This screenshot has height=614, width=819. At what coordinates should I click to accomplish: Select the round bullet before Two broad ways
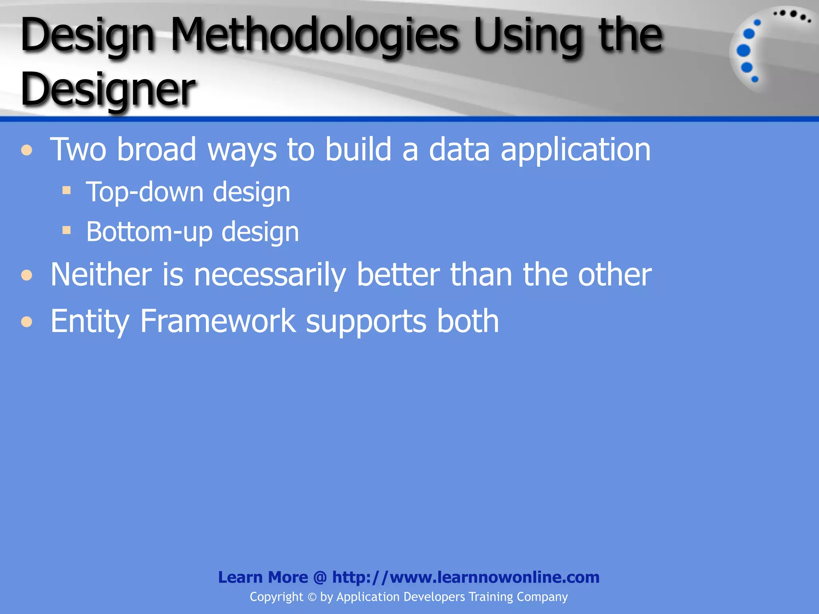pos(27,150)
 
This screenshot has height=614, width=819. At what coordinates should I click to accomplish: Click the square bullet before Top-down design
pos(67,190)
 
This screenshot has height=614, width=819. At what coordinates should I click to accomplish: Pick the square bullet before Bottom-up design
pos(67,230)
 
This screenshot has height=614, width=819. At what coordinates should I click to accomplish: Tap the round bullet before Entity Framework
pos(27,321)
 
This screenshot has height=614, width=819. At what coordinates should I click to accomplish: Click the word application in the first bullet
pos(575,150)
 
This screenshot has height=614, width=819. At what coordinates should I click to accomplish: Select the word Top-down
pos(144,192)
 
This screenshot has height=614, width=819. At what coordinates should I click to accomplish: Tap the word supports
pos(366,322)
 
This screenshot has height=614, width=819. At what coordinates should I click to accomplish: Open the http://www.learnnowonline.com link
pos(466,577)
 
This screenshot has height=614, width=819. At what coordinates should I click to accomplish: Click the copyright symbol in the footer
pos(312,597)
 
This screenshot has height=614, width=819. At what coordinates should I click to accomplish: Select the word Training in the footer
pos(491,597)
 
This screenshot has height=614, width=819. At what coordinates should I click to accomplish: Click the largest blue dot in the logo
pos(743,51)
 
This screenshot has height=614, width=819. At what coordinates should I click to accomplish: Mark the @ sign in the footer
pos(320,577)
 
